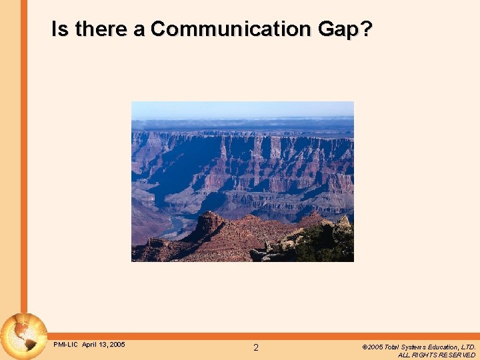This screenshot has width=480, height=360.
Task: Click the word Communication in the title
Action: pos(230,29)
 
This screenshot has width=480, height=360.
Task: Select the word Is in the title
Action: pos(60,29)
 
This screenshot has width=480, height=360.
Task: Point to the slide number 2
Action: pos(256,347)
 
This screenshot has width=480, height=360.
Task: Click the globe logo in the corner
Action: pos(24,337)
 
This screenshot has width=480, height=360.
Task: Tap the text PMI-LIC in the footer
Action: pos(66,345)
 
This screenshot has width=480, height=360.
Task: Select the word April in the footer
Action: pos(90,345)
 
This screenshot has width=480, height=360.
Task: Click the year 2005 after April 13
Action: pos(117,345)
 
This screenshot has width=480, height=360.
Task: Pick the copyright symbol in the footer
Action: pos(365,347)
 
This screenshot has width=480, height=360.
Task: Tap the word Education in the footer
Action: pos(446,347)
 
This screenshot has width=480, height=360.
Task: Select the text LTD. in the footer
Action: pos(469,347)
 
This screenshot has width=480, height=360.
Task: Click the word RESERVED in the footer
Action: pos(459,355)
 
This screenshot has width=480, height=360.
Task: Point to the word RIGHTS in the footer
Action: pos(428,355)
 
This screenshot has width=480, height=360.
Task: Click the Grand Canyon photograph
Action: pos(243,181)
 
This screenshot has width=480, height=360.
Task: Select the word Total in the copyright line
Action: pos(392,347)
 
